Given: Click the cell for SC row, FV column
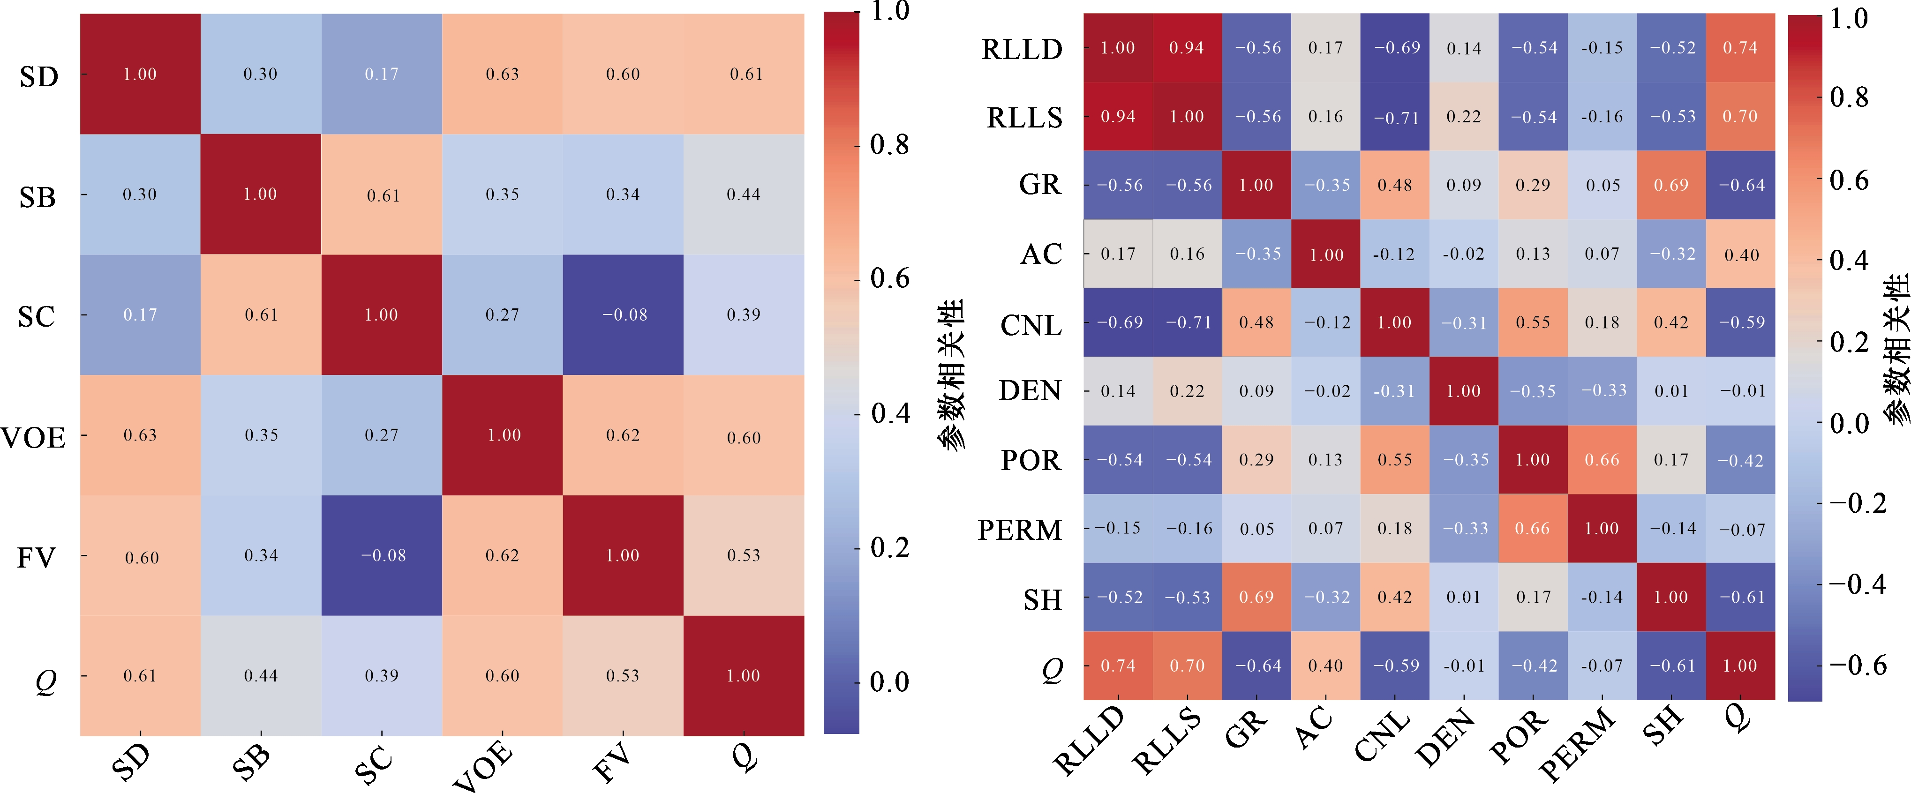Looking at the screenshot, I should coord(623,314).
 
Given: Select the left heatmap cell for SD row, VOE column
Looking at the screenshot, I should coord(502,74).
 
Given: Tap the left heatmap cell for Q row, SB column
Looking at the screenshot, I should coord(260,675).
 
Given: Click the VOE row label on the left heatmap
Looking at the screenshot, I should coord(33,438).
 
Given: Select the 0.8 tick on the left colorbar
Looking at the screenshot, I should coord(889,145).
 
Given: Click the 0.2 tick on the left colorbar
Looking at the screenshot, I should coord(889,547).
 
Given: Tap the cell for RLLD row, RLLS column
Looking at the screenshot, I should coord(1187,47).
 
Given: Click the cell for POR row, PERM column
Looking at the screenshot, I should coord(1602,460).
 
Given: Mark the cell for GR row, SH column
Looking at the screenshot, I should coord(1670,185).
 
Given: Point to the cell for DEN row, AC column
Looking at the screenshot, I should coord(1326,391).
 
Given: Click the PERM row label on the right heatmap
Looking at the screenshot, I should coord(1020,530).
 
